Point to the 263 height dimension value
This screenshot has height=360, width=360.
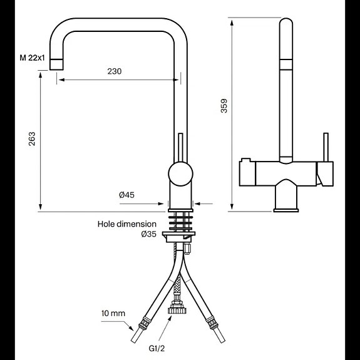click(x=31, y=139)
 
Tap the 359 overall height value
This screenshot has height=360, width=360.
click(x=224, y=107)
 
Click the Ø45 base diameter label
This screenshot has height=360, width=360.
click(x=127, y=195)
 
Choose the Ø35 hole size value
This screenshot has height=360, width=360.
click(x=148, y=234)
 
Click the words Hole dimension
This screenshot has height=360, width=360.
click(x=126, y=224)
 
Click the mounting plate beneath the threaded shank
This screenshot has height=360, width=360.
click(x=181, y=236)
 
